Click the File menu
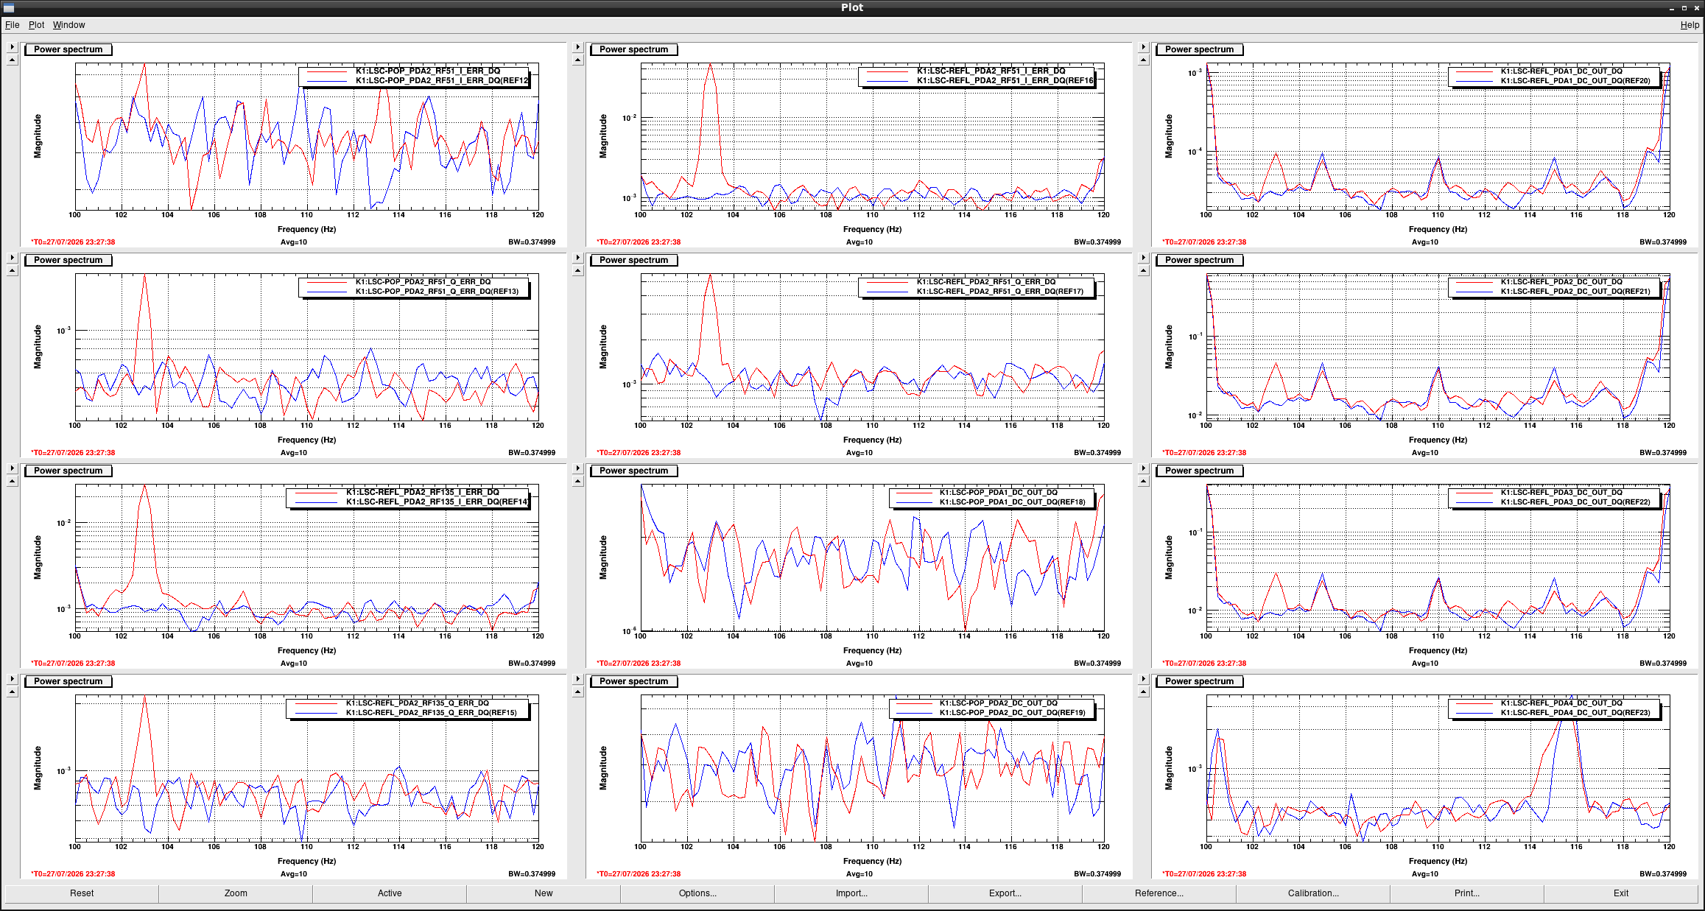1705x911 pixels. click(x=12, y=25)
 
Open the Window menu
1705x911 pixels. click(x=68, y=25)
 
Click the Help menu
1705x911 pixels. click(x=1690, y=25)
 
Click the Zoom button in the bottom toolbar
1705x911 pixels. click(x=236, y=893)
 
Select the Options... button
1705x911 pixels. click(x=697, y=893)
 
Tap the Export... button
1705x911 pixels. click(x=1005, y=893)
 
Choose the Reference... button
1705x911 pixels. click(x=1159, y=893)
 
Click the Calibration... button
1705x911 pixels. click(x=1313, y=893)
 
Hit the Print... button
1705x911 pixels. click(x=1467, y=893)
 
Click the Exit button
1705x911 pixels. click(x=1621, y=893)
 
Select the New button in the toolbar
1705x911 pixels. click(x=544, y=893)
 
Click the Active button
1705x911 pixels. click(x=390, y=893)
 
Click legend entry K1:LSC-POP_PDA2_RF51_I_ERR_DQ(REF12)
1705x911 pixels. click(x=442, y=81)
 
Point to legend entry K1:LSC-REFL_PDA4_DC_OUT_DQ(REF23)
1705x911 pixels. click(x=1575, y=713)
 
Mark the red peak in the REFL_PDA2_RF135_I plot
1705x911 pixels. click(x=144, y=486)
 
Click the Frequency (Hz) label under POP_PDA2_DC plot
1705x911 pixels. click(x=872, y=861)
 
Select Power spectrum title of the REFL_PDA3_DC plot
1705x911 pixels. click(x=1199, y=471)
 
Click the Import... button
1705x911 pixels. click(x=851, y=893)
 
